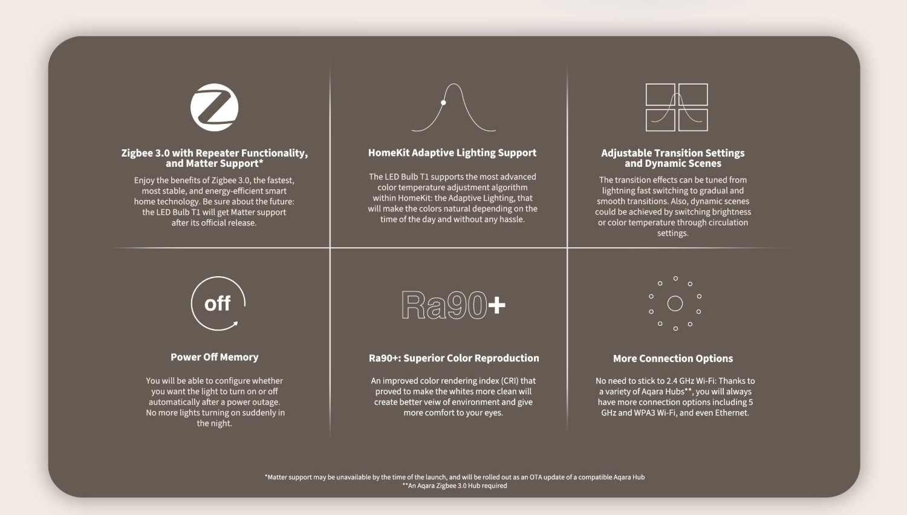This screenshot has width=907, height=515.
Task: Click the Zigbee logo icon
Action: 214,108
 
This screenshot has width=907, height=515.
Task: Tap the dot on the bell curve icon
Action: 443,103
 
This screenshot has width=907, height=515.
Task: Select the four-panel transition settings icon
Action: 677,108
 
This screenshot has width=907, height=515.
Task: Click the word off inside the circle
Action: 217,303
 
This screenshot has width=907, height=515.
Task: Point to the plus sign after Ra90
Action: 496,305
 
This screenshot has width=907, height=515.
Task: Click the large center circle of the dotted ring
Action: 675,303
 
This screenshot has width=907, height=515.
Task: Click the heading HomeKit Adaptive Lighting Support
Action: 452,153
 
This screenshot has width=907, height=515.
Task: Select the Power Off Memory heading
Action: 214,357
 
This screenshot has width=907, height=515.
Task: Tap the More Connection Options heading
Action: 672,358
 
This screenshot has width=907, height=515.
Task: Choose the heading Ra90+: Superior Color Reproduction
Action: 453,358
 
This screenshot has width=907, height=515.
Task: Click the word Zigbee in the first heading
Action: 137,154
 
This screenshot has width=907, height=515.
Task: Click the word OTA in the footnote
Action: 536,477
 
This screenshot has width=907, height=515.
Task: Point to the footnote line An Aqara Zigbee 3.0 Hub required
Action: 455,485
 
